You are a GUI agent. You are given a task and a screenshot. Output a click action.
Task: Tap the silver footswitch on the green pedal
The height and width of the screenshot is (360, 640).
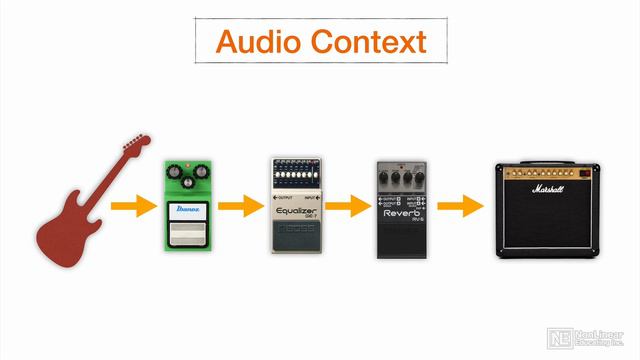(187, 236)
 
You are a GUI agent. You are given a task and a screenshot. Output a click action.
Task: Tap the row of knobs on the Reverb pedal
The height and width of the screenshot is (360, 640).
(403, 180)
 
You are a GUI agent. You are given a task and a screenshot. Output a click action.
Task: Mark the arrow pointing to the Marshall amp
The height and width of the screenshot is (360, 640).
(461, 208)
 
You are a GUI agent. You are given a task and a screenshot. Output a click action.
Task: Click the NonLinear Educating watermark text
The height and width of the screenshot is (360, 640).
(599, 338)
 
